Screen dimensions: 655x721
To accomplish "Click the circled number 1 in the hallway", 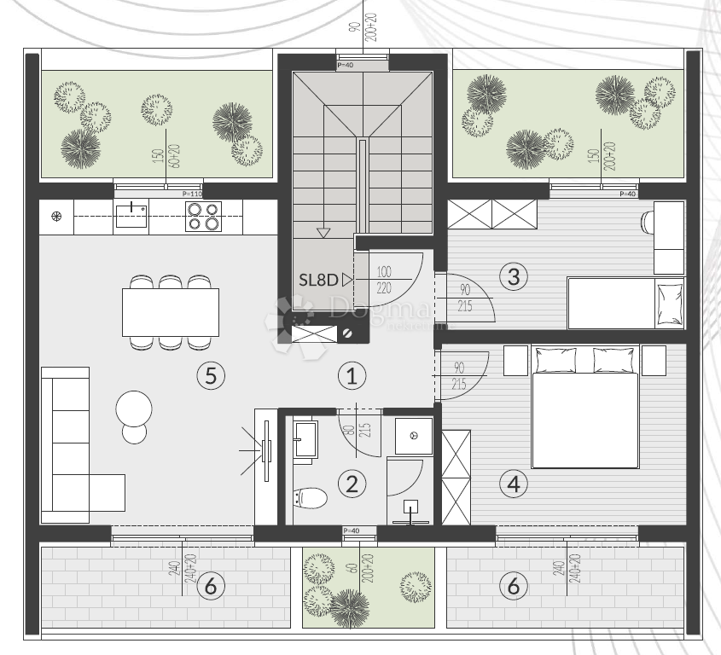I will coord(351,374).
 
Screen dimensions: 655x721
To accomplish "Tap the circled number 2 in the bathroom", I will coord(351,484).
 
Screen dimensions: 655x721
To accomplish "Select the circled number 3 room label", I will coord(513,276).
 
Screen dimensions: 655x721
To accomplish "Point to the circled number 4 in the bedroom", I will coord(513,484).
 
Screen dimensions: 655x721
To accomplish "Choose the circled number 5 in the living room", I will coord(209,374).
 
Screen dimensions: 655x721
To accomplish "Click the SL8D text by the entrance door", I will coord(319,279).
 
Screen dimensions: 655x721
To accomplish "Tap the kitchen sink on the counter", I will coord(131,216).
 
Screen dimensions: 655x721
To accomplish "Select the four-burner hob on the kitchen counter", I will coord(203,217).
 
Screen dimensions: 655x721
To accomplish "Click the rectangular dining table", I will coord(170,313).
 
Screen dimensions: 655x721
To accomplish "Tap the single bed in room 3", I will coord(625,303).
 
